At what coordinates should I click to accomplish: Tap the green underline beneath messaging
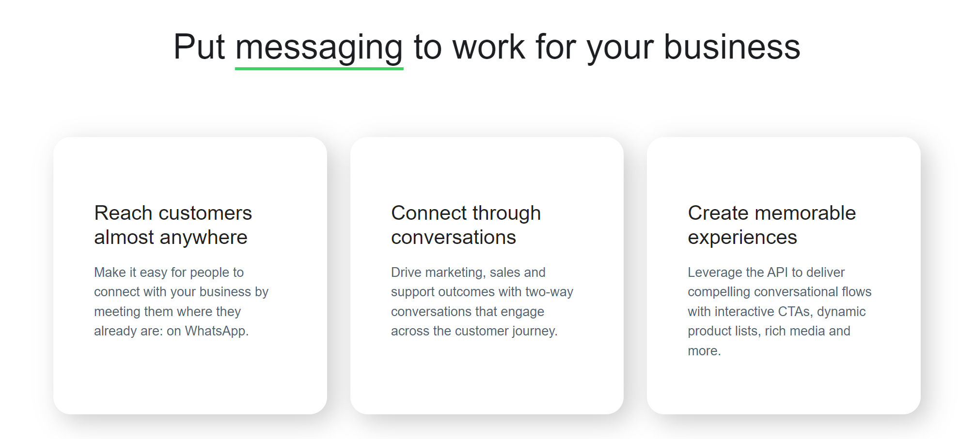(x=319, y=69)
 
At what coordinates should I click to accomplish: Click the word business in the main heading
(x=732, y=47)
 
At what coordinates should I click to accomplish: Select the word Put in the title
(x=199, y=47)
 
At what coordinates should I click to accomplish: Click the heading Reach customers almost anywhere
(x=173, y=225)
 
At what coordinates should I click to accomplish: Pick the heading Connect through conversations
(x=466, y=225)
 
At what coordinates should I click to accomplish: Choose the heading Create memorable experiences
(x=771, y=225)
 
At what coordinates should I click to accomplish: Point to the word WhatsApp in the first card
(x=217, y=331)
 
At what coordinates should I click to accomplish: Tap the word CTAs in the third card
(x=795, y=312)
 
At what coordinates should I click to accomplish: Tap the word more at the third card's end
(x=704, y=351)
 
